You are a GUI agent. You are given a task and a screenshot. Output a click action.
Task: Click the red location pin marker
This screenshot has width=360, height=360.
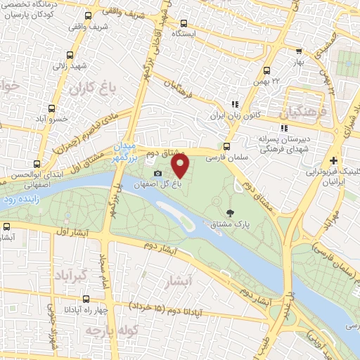(x=181, y=166)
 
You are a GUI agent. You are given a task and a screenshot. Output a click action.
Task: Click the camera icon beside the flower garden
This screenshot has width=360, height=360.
(x=157, y=173)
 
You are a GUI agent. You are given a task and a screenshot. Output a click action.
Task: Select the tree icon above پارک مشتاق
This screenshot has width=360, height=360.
(x=230, y=212)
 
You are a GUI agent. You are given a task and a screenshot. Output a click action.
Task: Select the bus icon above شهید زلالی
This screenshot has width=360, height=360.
(x=70, y=55)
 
